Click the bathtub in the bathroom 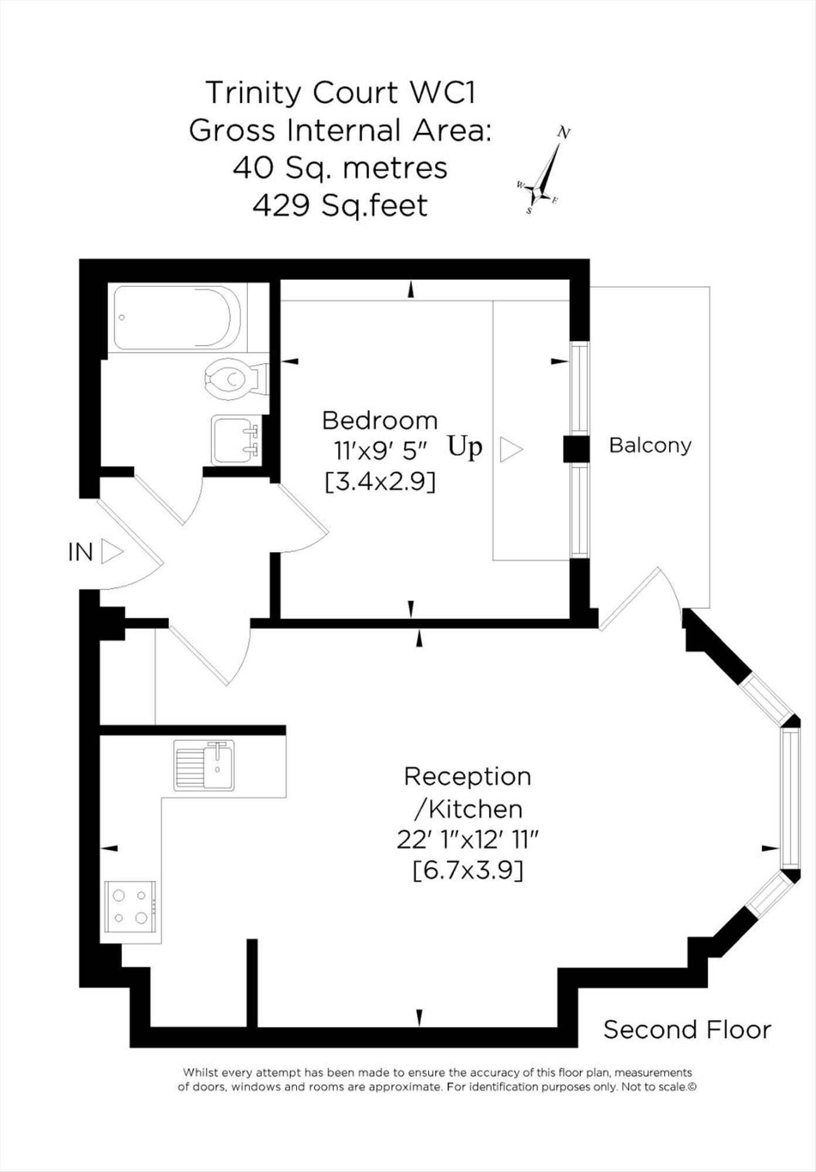pyautogui.click(x=177, y=318)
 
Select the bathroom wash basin pyautogui.click(x=236, y=440)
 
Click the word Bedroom pyautogui.click(x=380, y=421)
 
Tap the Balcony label pyautogui.click(x=650, y=446)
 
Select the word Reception pyautogui.click(x=468, y=777)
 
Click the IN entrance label pyautogui.click(x=81, y=552)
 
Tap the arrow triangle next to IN pyautogui.click(x=111, y=552)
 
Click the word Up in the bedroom pyautogui.click(x=465, y=447)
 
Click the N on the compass pyautogui.click(x=564, y=133)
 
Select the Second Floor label pyautogui.click(x=688, y=1030)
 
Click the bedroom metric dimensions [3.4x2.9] pyautogui.click(x=380, y=482)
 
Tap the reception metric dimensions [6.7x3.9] pyautogui.click(x=468, y=870)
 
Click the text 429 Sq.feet pyautogui.click(x=340, y=206)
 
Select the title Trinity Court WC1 pyautogui.click(x=341, y=93)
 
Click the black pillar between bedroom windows pyautogui.click(x=576, y=449)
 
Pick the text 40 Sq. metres pyautogui.click(x=341, y=168)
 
